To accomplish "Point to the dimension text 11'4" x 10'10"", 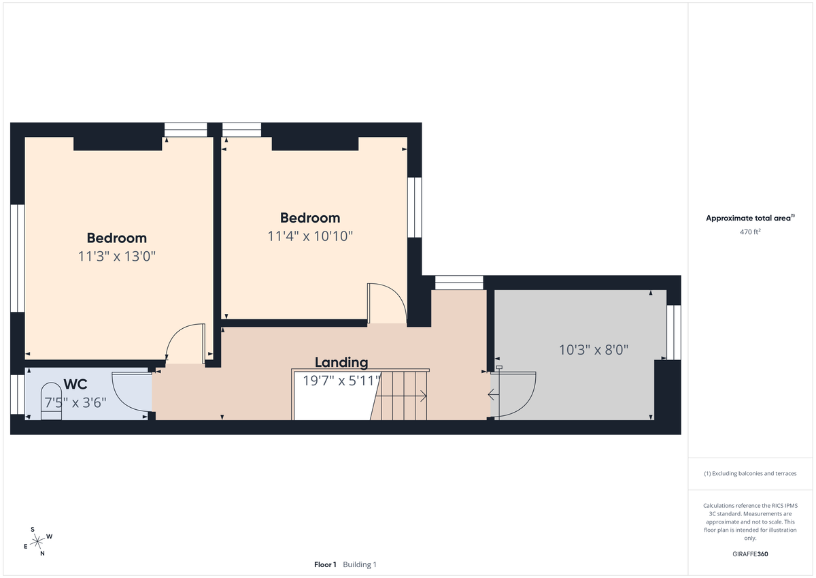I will (310, 236).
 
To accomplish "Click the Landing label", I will (341, 362).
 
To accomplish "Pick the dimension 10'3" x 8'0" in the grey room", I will (593, 350).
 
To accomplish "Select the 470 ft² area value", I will (750, 231).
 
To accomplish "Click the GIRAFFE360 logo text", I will (750, 553).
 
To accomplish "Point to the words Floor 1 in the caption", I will (325, 564).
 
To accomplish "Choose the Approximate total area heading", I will (749, 218).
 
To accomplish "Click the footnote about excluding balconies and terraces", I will (750, 473).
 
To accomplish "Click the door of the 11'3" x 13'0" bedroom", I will (187, 344).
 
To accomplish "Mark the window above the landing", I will (458, 282).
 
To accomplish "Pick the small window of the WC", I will (17, 394).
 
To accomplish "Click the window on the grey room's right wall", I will (673, 332).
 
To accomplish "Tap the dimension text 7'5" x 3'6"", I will (75, 402).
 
